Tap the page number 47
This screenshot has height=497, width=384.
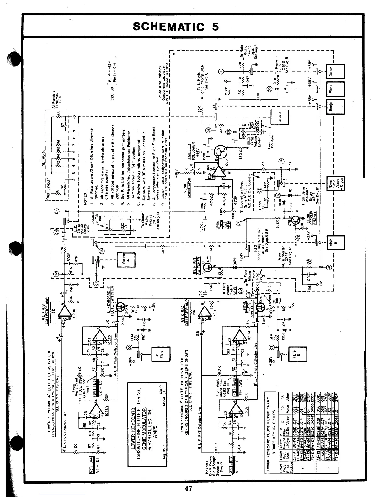[x=188, y=488]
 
